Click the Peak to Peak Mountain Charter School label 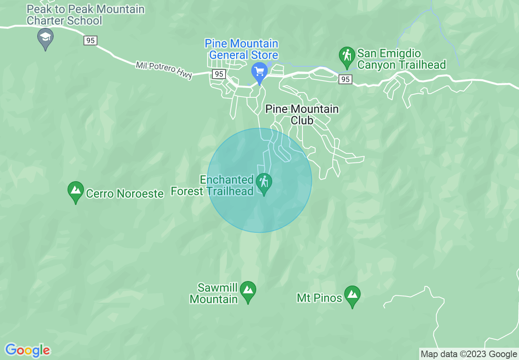86,15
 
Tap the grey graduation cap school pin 45,38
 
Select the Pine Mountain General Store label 241,49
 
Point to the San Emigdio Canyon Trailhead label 401,59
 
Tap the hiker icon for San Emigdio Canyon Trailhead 347,56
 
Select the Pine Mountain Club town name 302,115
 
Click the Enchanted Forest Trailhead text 212,185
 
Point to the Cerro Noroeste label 125,193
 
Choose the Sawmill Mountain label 214,293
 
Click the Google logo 28,350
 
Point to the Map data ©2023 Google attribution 469,354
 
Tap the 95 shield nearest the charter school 90,40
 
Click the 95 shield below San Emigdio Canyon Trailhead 345,79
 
